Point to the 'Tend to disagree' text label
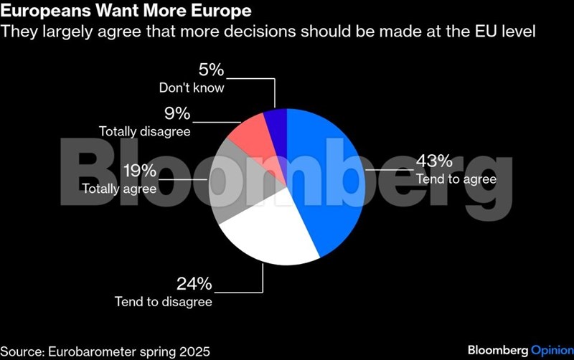tap(164, 302)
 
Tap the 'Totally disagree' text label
tap(144, 132)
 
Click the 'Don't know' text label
tap(192, 89)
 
